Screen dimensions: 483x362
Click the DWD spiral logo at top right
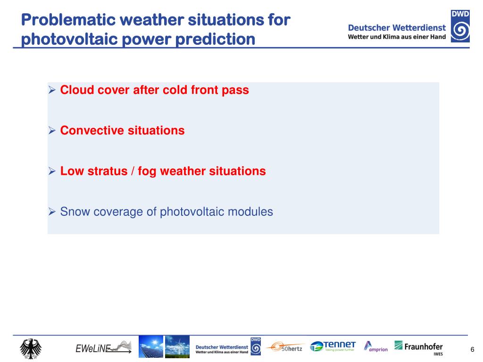[x=460, y=26]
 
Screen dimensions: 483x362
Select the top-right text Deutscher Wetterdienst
[x=397, y=28]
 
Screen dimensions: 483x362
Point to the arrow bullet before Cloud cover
[x=52, y=90]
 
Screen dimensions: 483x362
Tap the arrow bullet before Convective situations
[x=52, y=131]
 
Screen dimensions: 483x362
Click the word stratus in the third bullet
[x=108, y=171]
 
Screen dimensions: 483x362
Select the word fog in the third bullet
[x=147, y=172]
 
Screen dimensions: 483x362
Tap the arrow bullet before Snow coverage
[x=52, y=212]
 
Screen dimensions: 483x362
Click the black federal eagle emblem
[x=31, y=349]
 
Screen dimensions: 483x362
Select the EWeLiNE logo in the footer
[x=103, y=347]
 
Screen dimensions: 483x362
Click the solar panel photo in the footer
[x=151, y=346]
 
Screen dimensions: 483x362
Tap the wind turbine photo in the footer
[x=177, y=346]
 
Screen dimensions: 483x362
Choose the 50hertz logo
[x=285, y=347]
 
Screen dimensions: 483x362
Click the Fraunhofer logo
[x=419, y=348]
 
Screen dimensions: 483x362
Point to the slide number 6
[x=472, y=349]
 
